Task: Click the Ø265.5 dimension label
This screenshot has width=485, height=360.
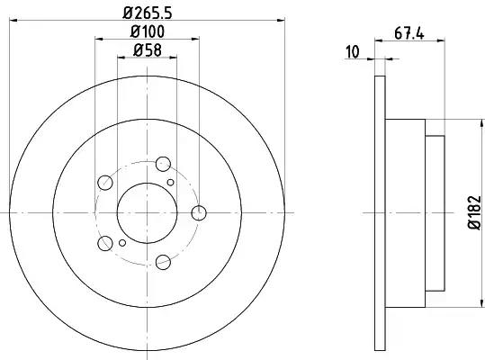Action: coord(147,13)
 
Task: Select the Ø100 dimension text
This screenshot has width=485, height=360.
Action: coord(147,31)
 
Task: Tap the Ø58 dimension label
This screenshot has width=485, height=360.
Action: coord(148,50)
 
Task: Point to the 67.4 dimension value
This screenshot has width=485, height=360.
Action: coord(409,33)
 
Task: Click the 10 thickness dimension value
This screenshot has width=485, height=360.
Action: coord(353,51)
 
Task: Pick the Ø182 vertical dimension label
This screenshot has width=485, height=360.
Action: coord(475,212)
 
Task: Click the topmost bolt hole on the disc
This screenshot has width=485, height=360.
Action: coord(163,164)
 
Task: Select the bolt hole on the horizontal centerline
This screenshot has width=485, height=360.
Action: coord(199,212)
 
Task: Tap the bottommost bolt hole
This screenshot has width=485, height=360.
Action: coord(163,262)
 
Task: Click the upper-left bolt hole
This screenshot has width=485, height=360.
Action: coord(105,183)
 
